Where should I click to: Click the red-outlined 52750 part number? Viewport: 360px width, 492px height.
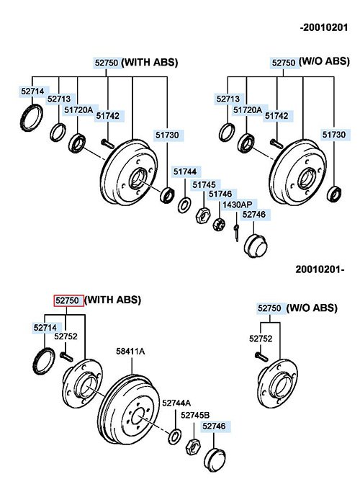68,300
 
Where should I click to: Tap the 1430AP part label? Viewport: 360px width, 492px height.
238,205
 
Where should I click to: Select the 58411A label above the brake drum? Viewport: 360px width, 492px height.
130,351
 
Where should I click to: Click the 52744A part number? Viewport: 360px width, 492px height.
176,403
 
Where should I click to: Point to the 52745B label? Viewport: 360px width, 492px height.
195,415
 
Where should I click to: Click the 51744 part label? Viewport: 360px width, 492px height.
185,171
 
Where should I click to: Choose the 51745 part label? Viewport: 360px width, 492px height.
204,185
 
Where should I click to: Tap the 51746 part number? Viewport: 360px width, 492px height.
220,194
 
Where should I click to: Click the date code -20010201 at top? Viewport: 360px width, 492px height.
324,27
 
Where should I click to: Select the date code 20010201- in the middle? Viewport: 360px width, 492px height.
320,269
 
